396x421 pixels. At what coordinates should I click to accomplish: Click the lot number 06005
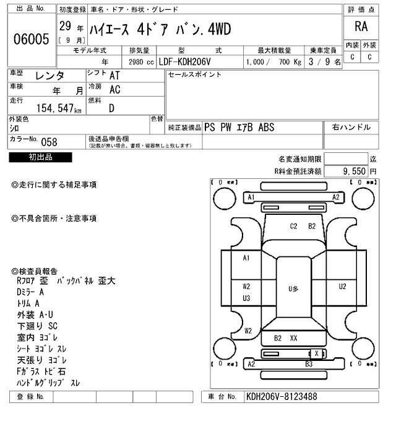click(x=31, y=40)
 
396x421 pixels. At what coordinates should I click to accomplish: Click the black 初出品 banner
click(x=41, y=158)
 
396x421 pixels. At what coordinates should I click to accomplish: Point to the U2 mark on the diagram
click(x=342, y=287)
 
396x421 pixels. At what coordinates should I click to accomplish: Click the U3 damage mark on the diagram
click(x=246, y=298)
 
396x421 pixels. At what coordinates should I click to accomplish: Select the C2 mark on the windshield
click(x=295, y=226)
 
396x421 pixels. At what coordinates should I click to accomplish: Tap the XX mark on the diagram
click(x=294, y=338)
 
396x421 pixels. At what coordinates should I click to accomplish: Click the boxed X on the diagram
click(x=317, y=353)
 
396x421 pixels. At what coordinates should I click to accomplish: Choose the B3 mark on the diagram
click(x=309, y=365)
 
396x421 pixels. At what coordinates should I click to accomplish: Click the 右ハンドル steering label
click(x=351, y=128)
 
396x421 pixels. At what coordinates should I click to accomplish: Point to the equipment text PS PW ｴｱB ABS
click(x=239, y=128)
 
